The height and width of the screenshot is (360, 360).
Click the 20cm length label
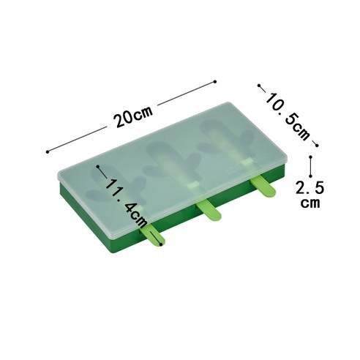tap(133, 116)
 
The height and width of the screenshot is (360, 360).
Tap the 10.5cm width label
tap(288, 116)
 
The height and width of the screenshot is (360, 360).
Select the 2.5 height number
tap(310, 187)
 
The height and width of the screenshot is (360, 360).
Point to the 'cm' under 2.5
tap(310, 203)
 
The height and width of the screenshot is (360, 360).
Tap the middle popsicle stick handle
tap(209, 209)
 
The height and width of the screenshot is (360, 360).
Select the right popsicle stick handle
tap(263, 187)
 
